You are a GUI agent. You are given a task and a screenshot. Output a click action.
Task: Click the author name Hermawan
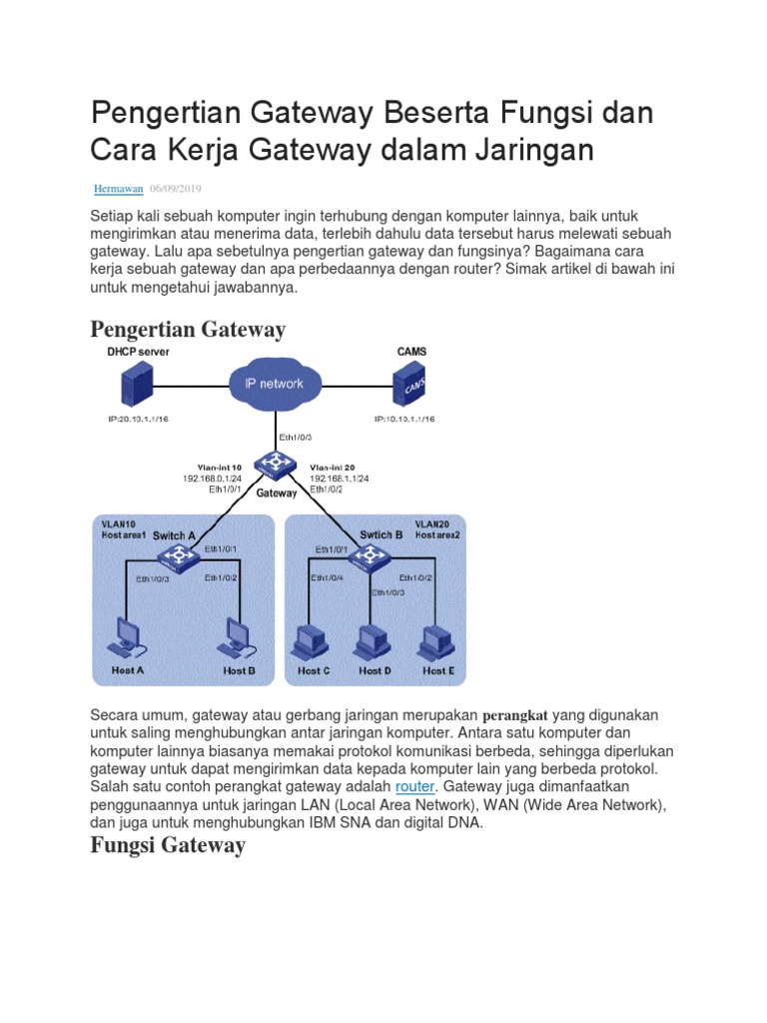pos(118,188)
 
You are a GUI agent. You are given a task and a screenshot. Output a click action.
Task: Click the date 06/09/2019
pos(175,188)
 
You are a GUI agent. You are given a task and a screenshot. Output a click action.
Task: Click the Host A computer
pos(127,636)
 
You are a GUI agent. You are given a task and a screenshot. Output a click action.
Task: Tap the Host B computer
pos(238,636)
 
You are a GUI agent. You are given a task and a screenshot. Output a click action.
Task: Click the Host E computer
pos(435,640)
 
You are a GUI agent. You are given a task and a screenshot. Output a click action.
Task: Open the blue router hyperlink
pos(414,786)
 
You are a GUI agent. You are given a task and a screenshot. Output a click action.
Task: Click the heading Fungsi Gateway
pos(168,845)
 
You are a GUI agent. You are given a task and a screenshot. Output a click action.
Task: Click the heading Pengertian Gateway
pos(188,329)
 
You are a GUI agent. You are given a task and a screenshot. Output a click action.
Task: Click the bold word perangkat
pos(515,715)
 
